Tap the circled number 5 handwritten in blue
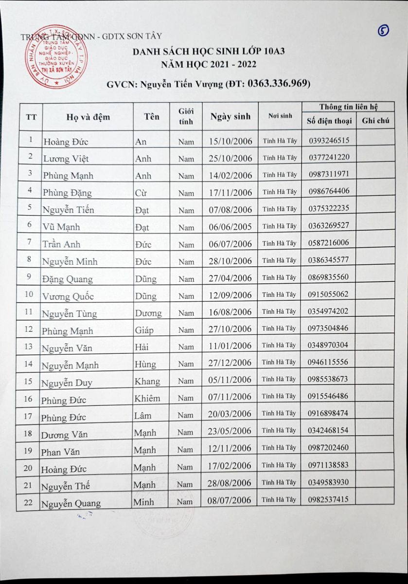(x=383, y=31)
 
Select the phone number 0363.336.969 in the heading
(x=279, y=84)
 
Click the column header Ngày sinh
(x=230, y=116)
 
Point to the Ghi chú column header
(x=375, y=121)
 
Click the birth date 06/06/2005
(x=230, y=226)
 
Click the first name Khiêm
(x=147, y=398)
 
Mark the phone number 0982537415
(x=328, y=499)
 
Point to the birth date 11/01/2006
(x=230, y=346)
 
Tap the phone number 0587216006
(x=328, y=242)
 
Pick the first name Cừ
(x=142, y=193)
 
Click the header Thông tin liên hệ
(x=348, y=107)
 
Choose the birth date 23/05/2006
(x=230, y=431)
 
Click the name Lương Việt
(x=66, y=158)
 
